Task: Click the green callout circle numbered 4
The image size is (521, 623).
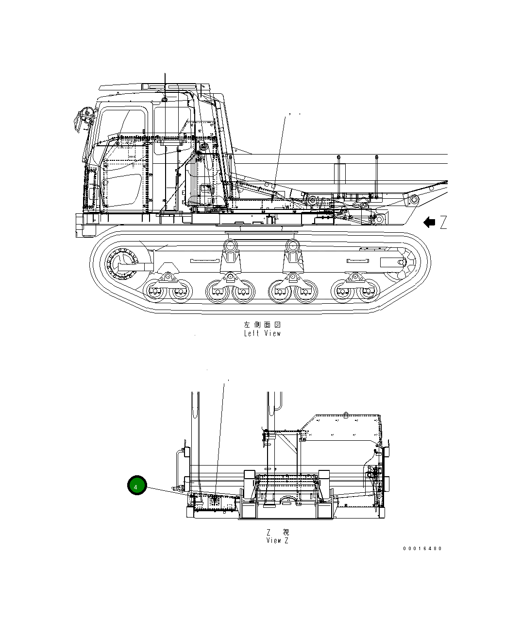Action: click(x=136, y=486)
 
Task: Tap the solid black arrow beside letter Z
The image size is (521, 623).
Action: click(x=429, y=223)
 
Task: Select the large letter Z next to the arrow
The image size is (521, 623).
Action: click(x=443, y=223)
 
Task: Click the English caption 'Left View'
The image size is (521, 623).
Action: click(x=262, y=333)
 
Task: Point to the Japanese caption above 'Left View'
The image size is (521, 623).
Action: click(x=262, y=324)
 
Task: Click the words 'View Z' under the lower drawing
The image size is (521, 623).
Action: click(x=277, y=540)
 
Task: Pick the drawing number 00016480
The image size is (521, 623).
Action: click(x=422, y=549)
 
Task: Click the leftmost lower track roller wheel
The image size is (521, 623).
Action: click(x=155, y=292)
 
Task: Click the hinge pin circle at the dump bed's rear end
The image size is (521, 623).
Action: click(x=414, y=199)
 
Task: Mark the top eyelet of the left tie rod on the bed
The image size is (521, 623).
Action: click(x=337, y=157)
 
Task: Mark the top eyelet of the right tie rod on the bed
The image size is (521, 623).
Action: click(x=376, y=157)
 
